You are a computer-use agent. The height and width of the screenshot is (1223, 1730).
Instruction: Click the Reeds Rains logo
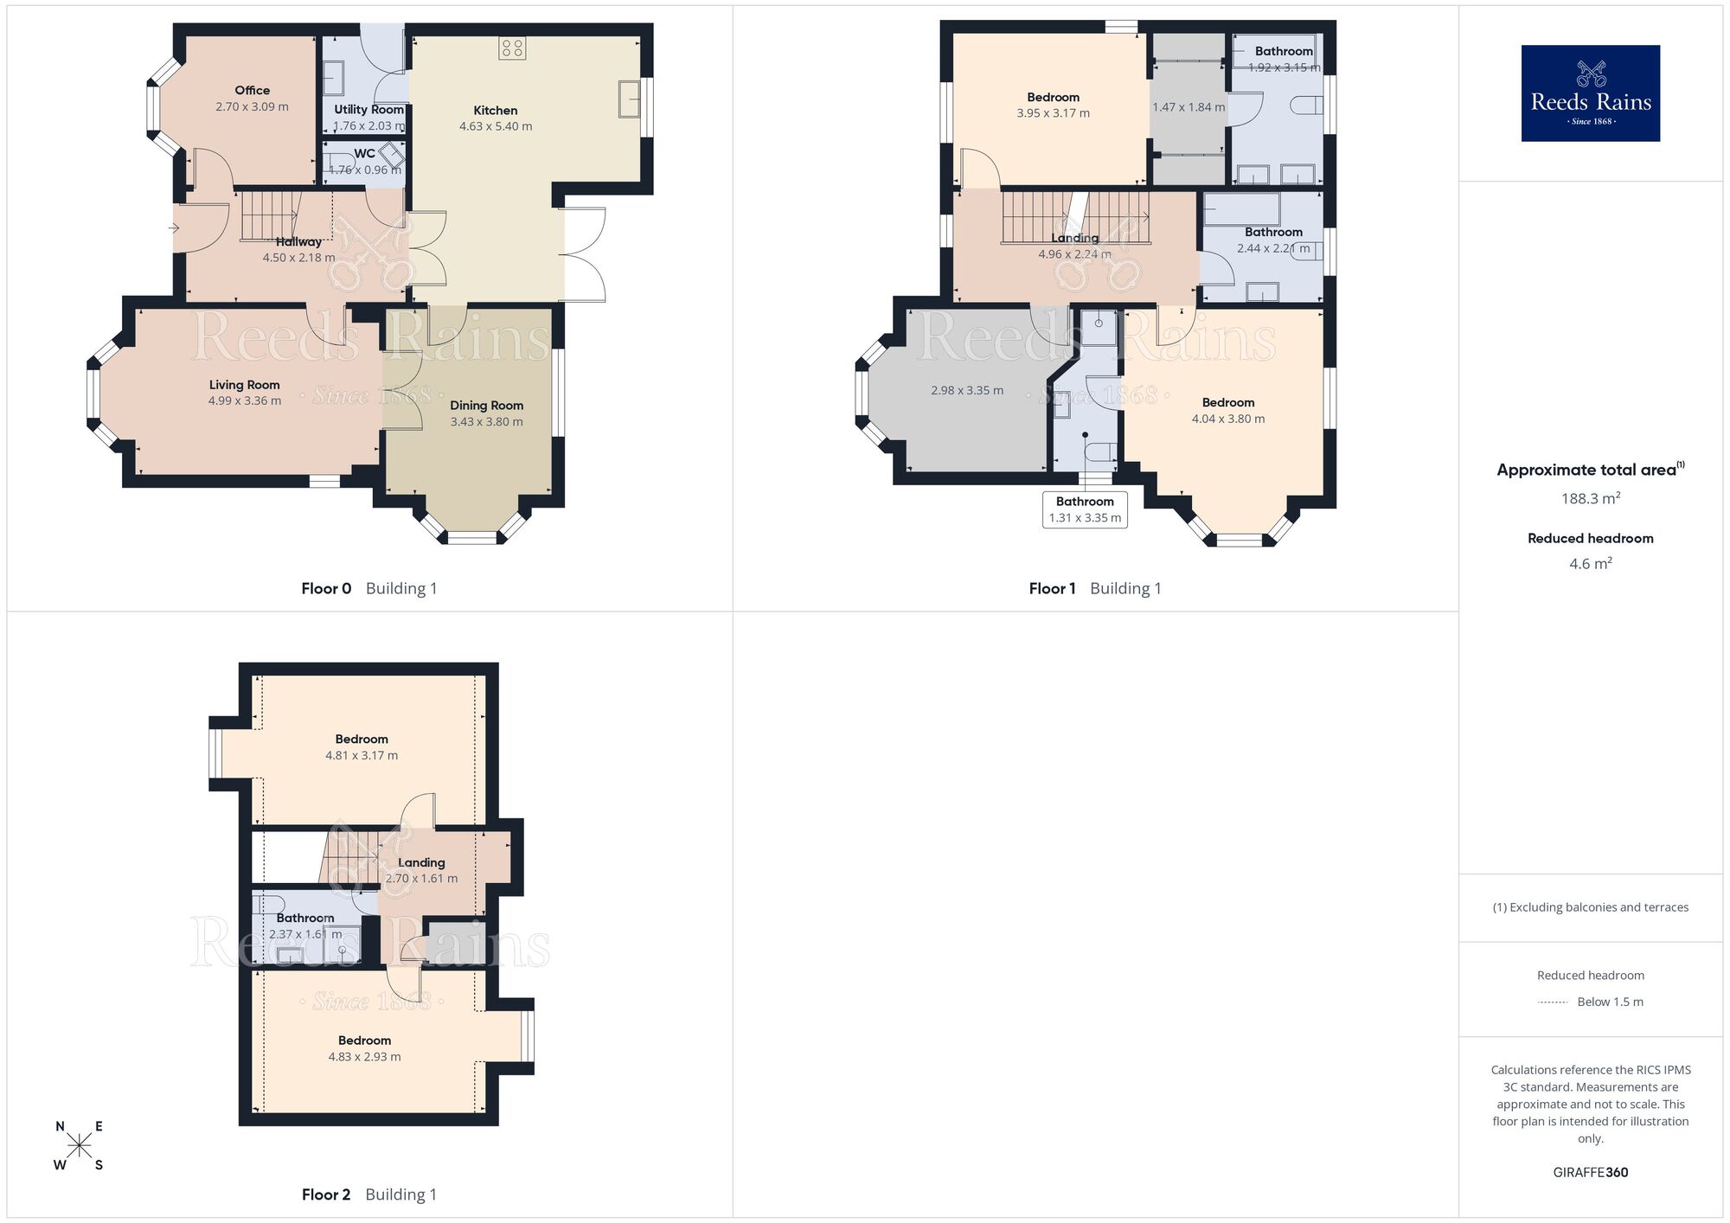click(1590, 93)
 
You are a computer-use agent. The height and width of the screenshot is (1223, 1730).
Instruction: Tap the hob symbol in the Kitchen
click(512, 48)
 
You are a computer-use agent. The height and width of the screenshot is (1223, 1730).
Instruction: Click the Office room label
click(252, 90)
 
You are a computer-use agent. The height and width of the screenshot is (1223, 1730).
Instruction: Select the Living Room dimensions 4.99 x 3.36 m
click(245, 401)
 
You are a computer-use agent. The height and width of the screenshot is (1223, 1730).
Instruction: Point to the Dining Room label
click(486, 405)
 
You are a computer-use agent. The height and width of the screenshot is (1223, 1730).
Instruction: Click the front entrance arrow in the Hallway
click(173, 228)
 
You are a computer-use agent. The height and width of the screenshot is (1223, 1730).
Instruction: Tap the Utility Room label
click(369, 109)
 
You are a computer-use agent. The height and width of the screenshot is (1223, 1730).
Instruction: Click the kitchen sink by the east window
click(629, 99)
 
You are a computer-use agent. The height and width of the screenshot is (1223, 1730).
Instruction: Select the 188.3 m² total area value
click(1590, 498)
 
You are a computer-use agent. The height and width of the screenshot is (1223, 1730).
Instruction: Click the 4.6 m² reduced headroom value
click(1590, 564)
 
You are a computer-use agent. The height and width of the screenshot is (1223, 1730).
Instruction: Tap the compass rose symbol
click(79, 1146)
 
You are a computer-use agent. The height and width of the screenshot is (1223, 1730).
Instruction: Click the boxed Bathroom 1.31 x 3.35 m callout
click(1085, 509)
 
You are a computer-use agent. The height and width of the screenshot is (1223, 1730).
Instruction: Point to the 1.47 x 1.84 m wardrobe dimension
click(1189, 107)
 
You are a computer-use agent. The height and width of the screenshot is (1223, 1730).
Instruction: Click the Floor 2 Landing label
click(421, 862)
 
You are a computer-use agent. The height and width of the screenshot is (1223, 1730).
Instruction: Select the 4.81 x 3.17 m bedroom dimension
click(362, 755)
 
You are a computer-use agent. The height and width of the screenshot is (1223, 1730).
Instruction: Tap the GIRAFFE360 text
click(1590, 1173)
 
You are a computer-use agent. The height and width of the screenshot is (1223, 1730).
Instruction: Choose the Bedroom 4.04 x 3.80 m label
click(1227, 402)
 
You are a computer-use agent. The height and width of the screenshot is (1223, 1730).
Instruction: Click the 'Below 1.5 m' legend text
click(1610, 1002)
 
